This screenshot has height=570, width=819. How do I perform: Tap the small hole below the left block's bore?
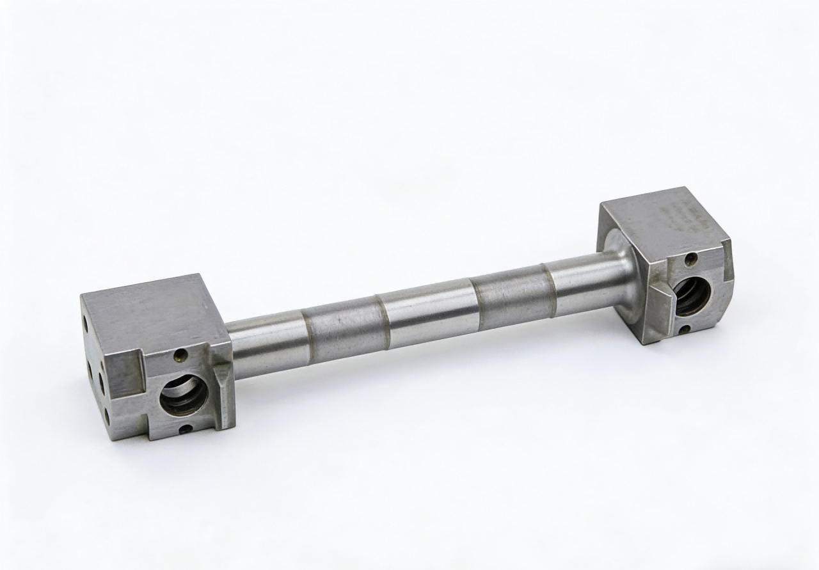click(x=185, y=429)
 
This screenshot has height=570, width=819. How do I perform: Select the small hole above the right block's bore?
click(x=690, y=259)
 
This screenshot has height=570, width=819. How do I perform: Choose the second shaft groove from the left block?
click(x=382, y=315)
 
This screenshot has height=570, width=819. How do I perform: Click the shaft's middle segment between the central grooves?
click(x=429, y=312)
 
